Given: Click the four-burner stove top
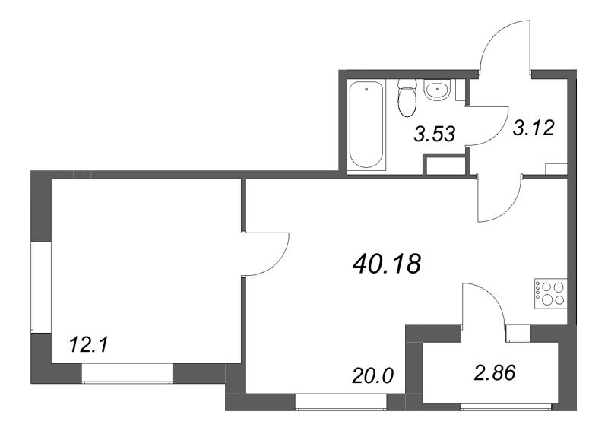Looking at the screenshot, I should (549, 293).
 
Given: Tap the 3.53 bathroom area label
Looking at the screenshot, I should (434, 135).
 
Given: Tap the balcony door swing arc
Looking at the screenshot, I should (481, 300).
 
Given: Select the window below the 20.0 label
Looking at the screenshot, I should (331, 402).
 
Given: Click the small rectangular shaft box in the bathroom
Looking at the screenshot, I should (445, 165).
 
